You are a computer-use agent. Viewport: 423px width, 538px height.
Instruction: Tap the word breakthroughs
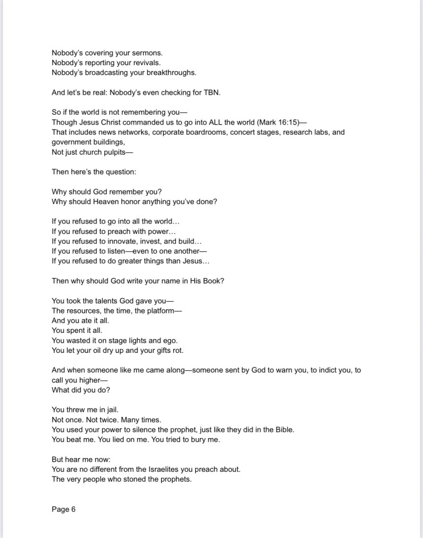click(x=169, y=73)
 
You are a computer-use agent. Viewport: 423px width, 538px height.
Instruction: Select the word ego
click(x=170, y=340)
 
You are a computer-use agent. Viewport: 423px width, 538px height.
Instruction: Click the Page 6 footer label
click(x=64, y=509)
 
